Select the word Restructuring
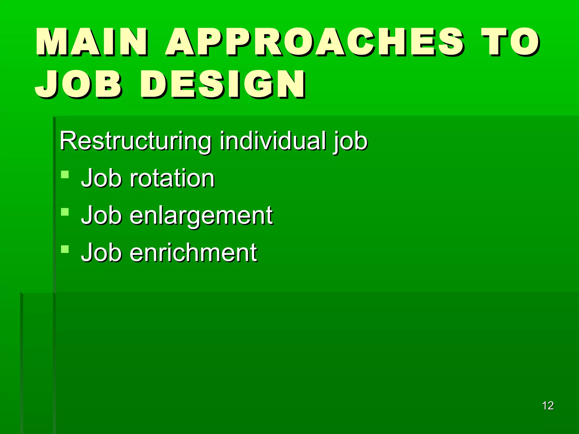tap(135, 141)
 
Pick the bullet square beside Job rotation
tap(65, 174)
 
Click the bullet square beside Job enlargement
tap(65, 212)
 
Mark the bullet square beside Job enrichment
tap(65, 249)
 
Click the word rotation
tap(172, 179)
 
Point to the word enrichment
tap(193, 253)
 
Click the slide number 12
tap(548, 406)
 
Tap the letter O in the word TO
tap(525, 42)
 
